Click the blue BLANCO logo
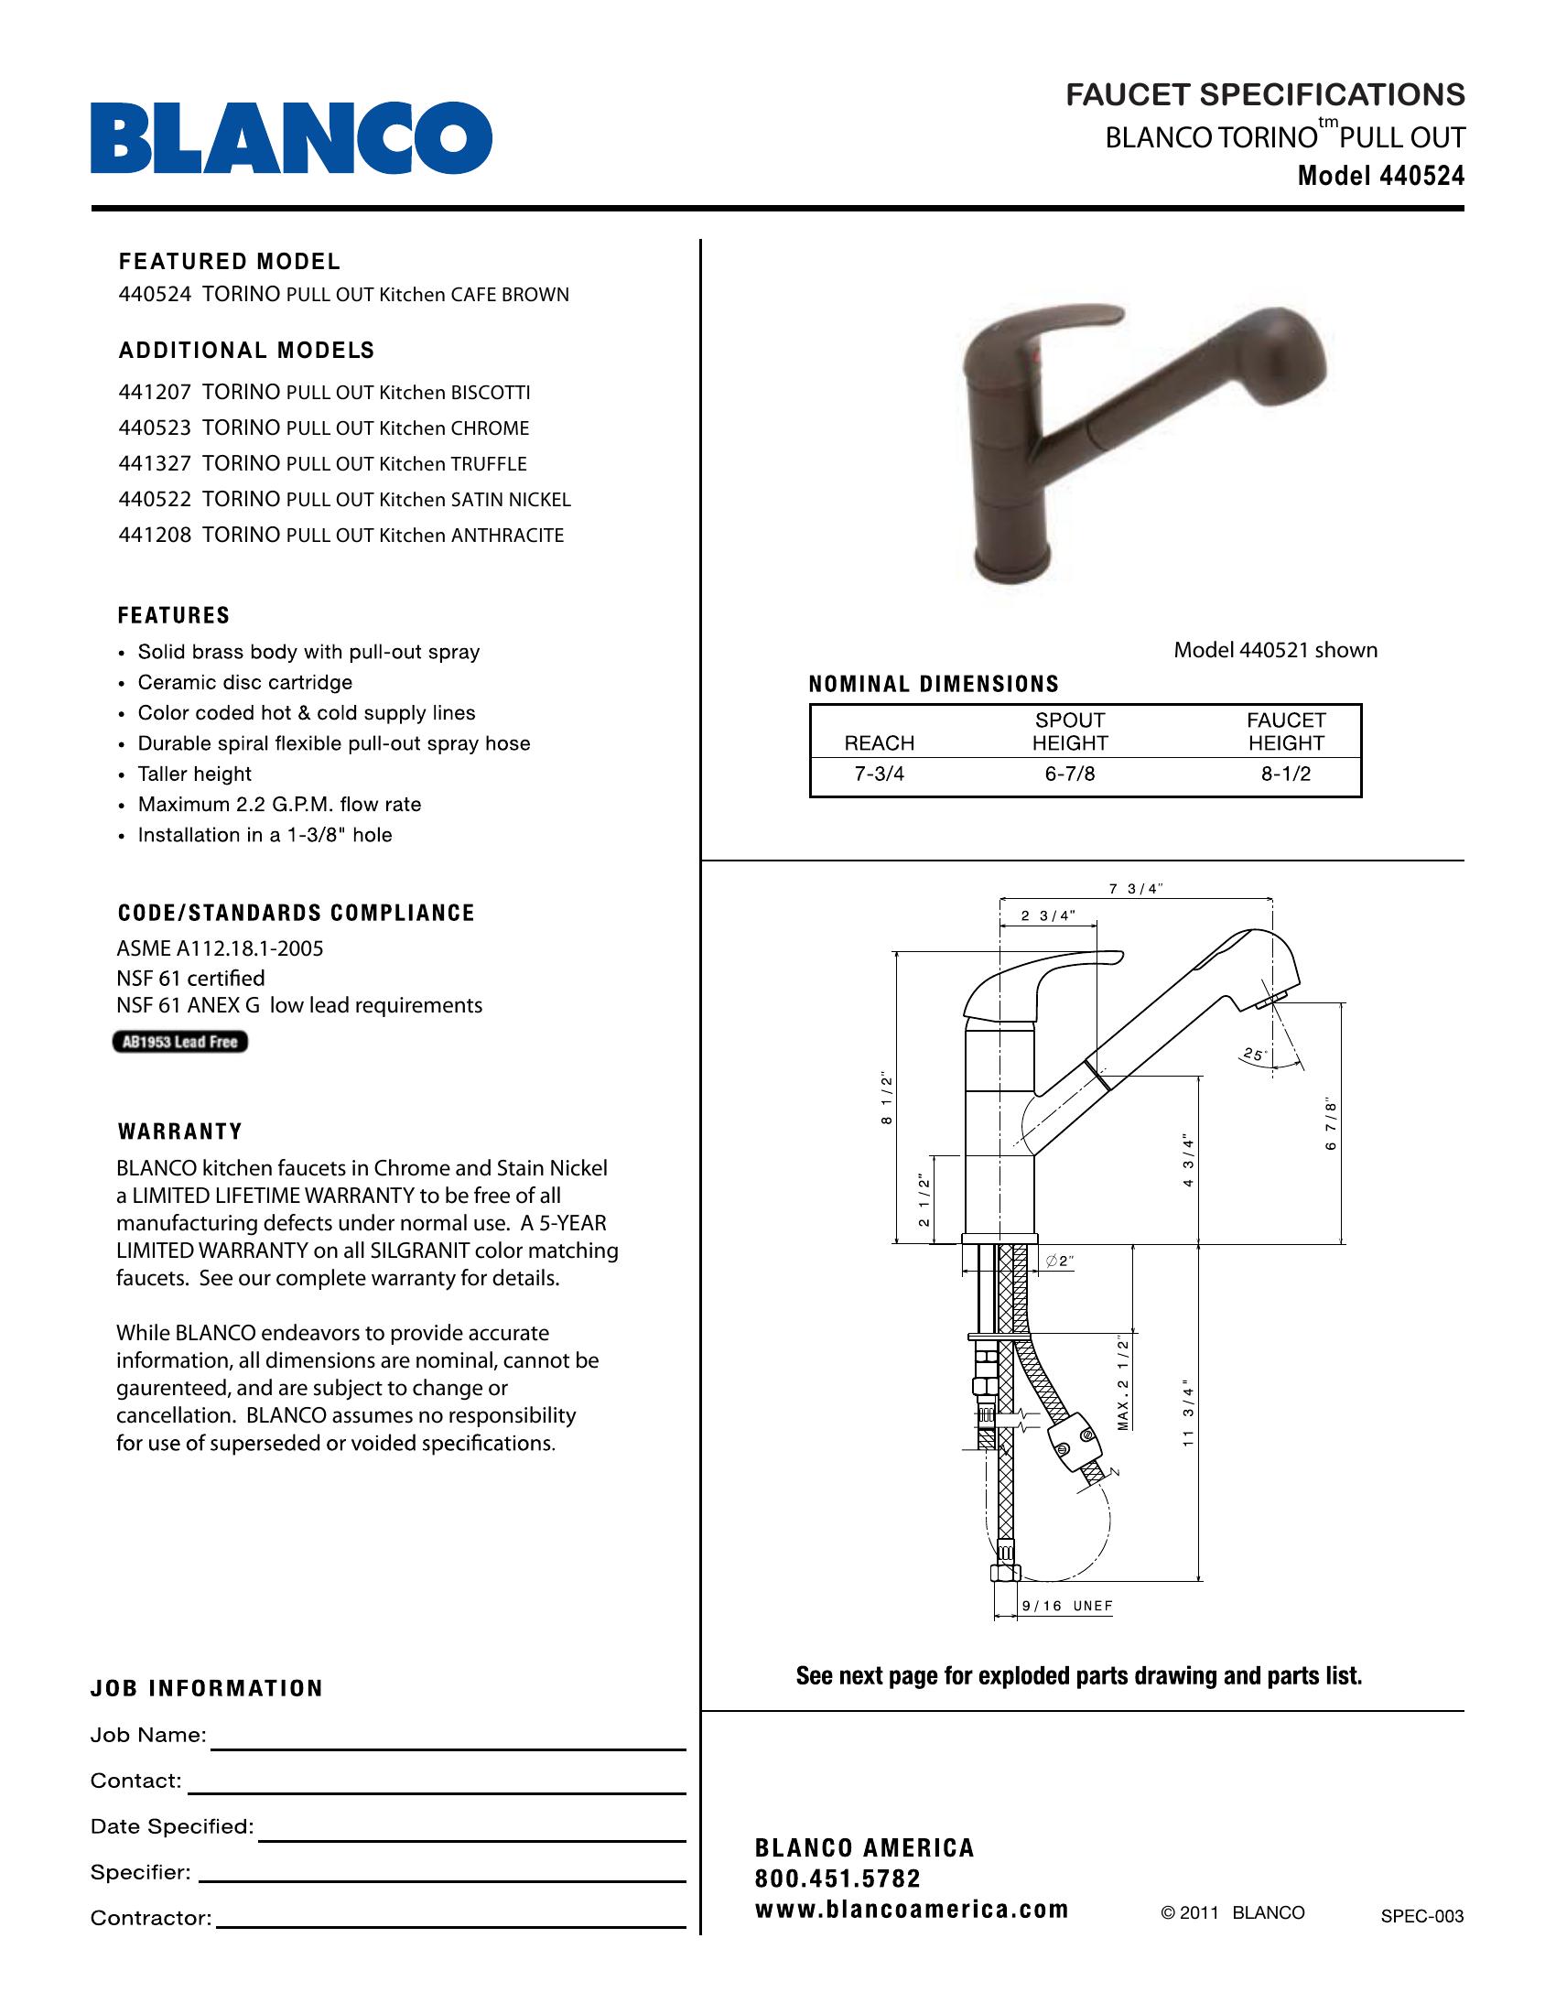click(290, 138)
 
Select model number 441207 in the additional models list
click(155, 393)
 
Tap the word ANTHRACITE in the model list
click(507, 536)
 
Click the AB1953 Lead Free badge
click(180, 1042)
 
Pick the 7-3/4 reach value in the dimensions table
click(880, 774)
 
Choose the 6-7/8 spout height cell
click(1069, 774)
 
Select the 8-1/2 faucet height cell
click(1286, 774)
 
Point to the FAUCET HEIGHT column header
click(1286, 731)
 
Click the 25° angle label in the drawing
click(1254, 1054)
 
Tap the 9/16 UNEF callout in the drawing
click(1067, 1607)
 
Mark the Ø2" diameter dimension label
click(1061, 1261)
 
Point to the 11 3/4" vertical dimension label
click(1188, 1415)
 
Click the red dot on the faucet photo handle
click(1034, 355)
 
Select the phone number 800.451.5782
click(837, 1879)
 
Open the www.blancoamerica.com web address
click(911, 1909)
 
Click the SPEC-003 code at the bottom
click(1421, 1916)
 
